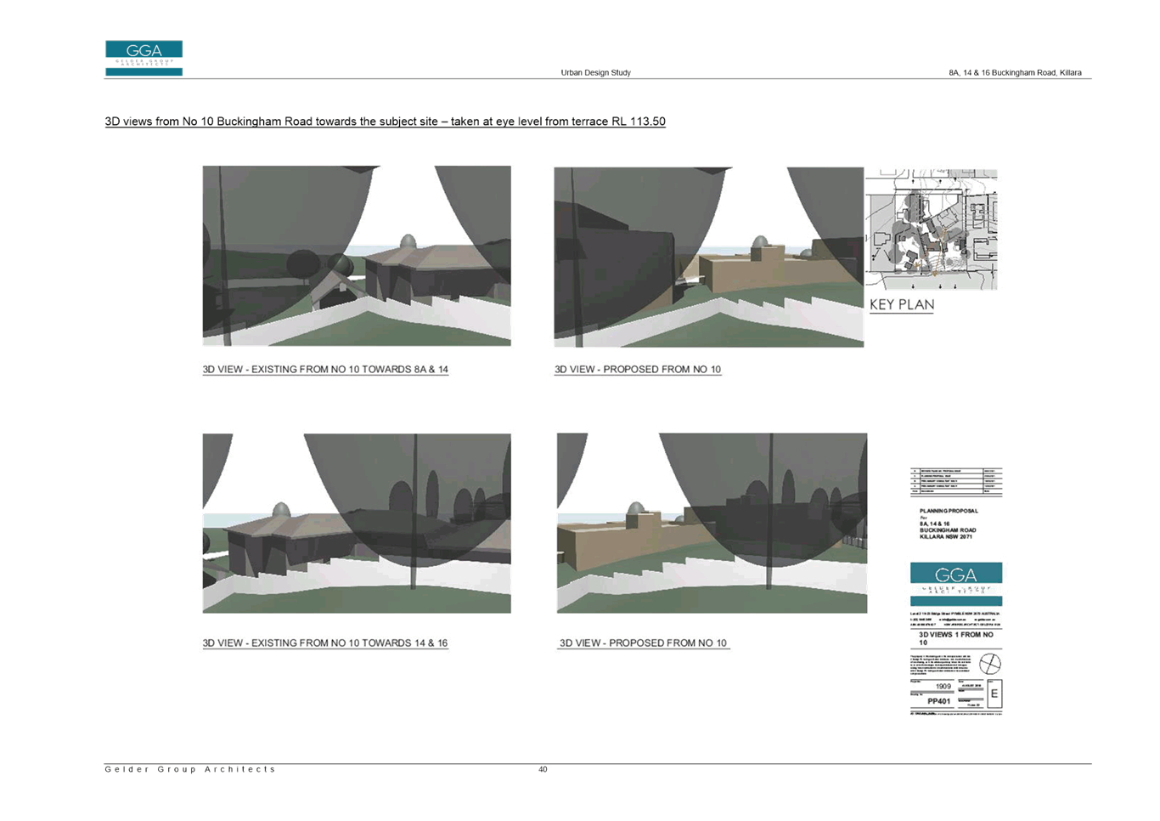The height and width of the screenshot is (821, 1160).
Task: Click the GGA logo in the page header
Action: click(144, 58)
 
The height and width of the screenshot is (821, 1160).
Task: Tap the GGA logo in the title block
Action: click(956, 582)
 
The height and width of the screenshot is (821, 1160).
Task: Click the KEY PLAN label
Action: click(901, 304)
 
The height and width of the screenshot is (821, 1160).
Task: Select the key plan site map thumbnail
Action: click(935, 229)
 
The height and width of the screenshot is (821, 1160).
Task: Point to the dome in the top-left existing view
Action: click(408, 241)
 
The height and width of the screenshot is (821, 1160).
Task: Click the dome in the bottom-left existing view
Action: click(279, 510)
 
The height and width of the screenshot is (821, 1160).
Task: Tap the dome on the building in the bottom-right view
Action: click(635, 509)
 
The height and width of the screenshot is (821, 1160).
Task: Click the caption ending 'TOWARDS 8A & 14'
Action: click(325, 370)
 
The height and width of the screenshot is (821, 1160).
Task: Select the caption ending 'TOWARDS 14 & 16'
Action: click(325, 643)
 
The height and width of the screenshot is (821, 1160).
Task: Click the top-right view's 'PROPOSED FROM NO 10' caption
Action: click(638, 370)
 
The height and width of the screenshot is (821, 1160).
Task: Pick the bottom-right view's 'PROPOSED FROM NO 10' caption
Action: click(643, 643)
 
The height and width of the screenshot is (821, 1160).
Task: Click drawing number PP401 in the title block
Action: click(939, 701)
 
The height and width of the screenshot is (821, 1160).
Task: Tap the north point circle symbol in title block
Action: click(990, 661)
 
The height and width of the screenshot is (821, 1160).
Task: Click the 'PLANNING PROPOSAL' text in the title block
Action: click(948, 510)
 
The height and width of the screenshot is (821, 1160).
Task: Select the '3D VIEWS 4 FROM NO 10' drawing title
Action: click(955, 637)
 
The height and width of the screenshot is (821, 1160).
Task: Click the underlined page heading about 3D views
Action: click(385, 122)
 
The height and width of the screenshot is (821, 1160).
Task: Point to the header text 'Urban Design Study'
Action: click(595, 73)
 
